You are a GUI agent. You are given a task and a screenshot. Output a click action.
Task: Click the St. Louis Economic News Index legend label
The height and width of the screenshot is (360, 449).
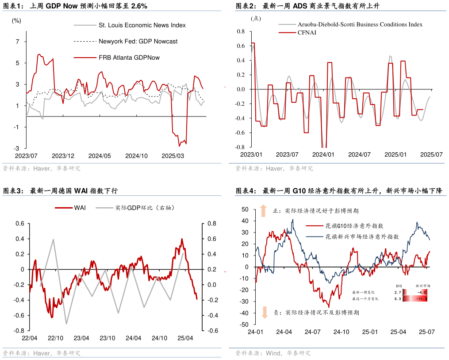coord(142,25)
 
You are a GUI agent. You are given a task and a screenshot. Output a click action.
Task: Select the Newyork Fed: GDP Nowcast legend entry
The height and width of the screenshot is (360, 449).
coord(138,41)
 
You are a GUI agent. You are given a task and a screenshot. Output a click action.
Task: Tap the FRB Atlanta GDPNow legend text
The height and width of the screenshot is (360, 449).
coord(129,58)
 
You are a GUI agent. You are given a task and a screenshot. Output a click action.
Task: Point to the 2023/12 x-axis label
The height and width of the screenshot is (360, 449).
coord(63,156)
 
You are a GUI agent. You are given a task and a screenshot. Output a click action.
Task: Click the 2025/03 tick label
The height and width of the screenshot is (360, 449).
coord(173,156)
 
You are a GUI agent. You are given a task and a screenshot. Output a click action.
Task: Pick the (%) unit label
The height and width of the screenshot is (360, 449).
coord(16,20)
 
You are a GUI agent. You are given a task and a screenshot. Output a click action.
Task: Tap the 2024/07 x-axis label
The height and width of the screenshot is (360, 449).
coord(359,155)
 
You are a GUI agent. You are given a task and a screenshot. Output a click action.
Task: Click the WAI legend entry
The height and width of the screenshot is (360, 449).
coord(80,207)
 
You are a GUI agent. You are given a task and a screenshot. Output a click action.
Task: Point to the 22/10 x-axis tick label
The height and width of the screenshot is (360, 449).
coord(55,338)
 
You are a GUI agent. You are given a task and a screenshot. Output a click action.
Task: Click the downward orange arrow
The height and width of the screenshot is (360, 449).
coord(265,312)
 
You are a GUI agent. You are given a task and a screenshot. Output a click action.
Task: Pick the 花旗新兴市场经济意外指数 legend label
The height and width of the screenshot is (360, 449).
coord(362,237)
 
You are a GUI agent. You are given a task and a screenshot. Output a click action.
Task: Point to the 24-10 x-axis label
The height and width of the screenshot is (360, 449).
coord(341,332)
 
